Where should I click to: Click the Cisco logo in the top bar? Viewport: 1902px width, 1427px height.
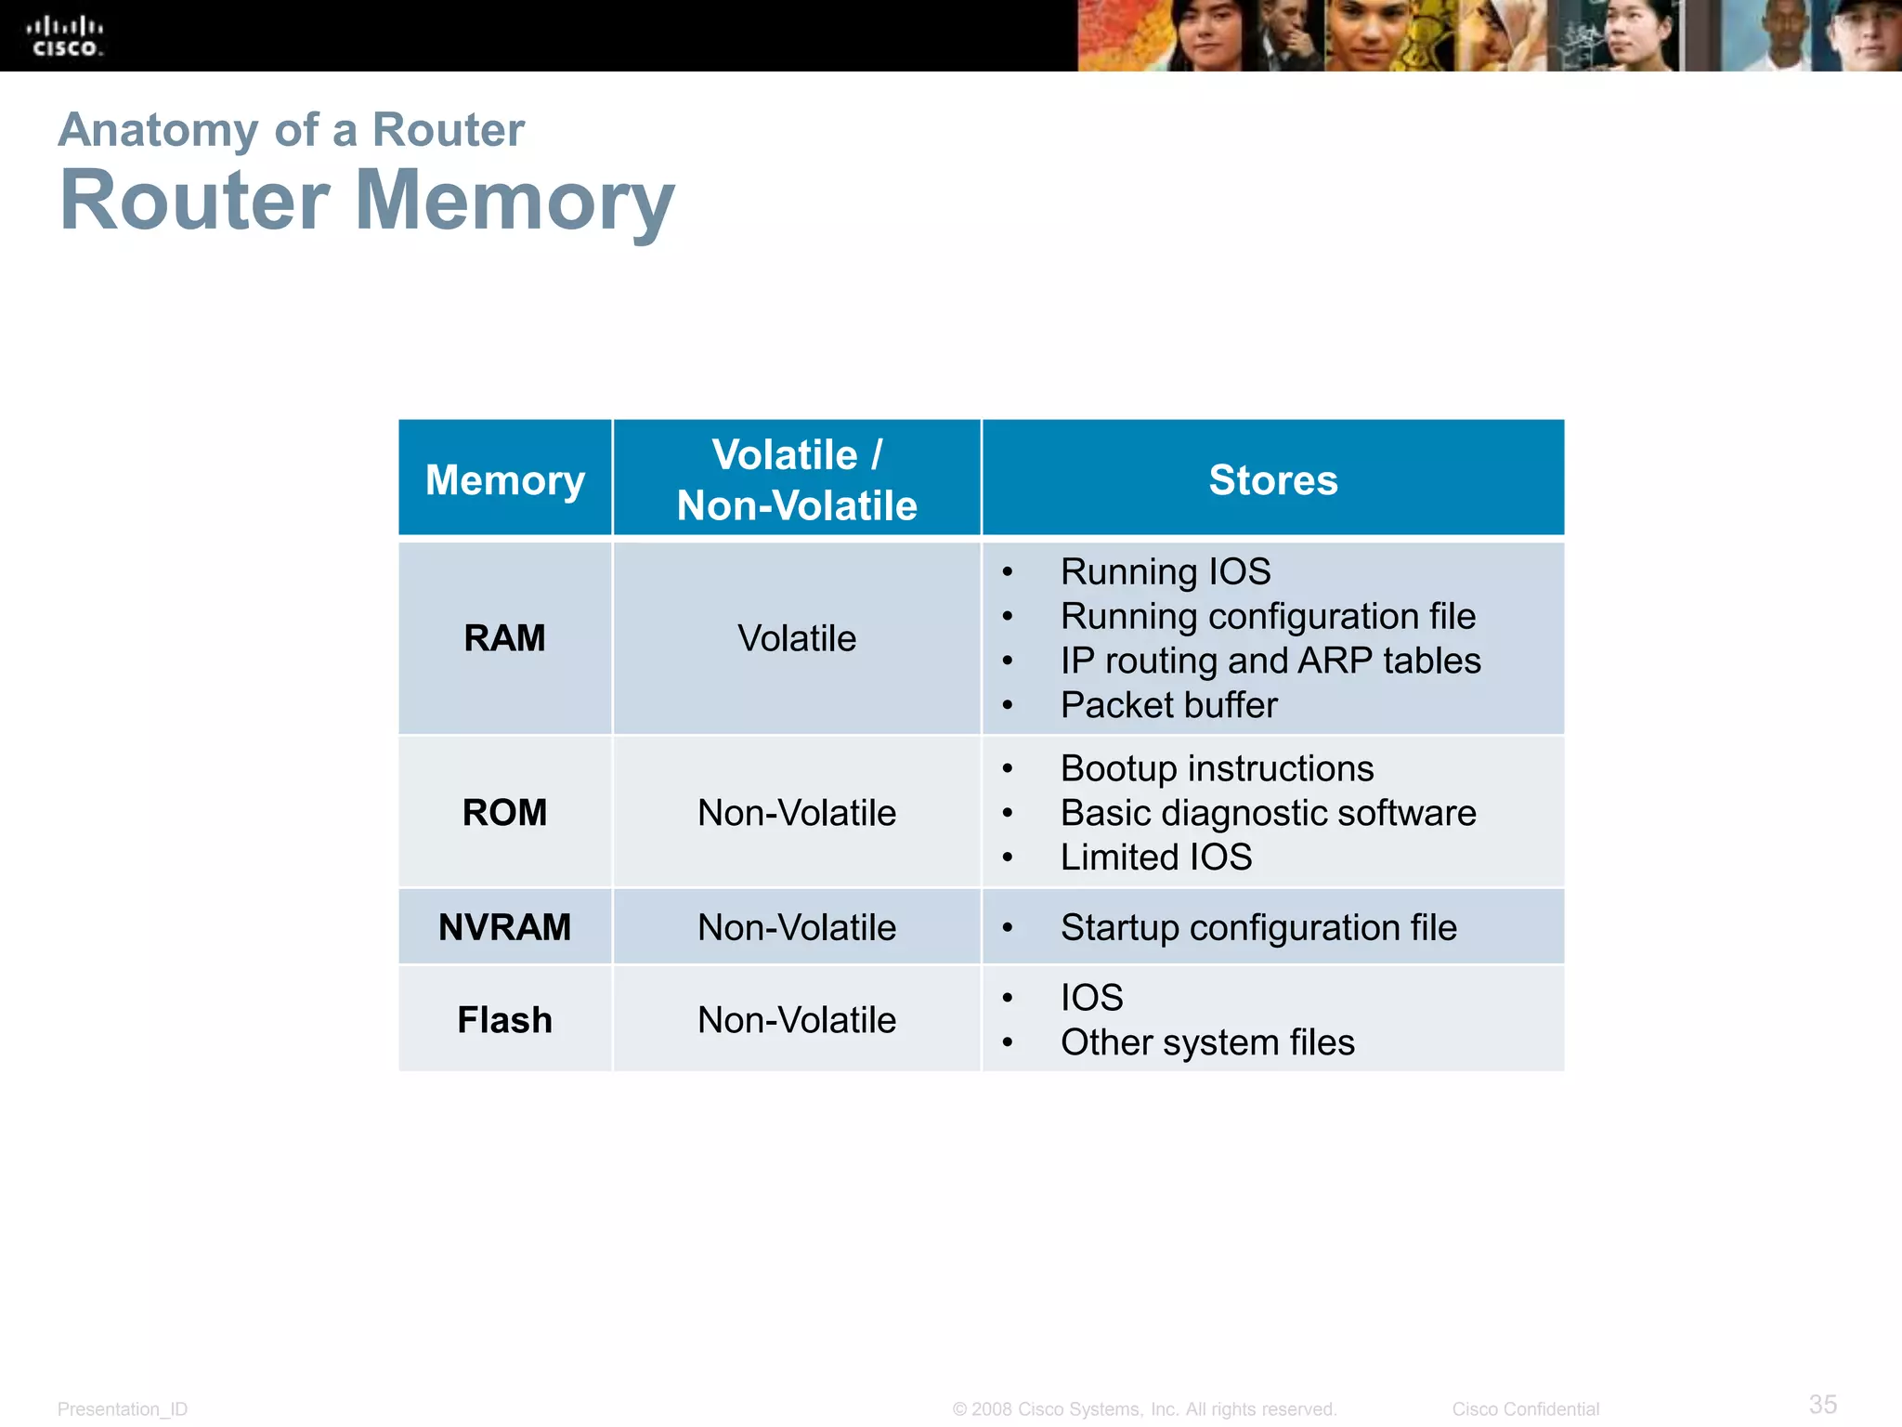click(64, 36)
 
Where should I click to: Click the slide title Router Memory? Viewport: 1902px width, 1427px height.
click(367, 201)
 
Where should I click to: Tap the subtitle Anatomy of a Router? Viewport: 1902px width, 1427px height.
click(291, 129)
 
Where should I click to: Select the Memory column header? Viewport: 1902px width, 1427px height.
click(504, 479)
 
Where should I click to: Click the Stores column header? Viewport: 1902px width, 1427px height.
click(1272, 479)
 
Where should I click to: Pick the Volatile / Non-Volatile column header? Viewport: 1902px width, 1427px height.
click(797, 479)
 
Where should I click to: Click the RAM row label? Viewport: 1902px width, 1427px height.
click(504, 638)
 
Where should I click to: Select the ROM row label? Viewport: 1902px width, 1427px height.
click(504, 812)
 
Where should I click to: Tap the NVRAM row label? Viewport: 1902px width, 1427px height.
click(504, 927)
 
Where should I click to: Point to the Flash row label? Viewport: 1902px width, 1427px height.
click(504, 1020)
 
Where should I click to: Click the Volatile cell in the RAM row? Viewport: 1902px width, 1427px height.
click(797, 638)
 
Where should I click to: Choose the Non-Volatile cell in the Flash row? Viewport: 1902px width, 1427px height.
click(797, 1020)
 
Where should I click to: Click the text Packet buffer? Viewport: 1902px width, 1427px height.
click(1168, 705)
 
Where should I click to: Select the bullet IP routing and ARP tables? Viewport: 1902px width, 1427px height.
click(1270, 661)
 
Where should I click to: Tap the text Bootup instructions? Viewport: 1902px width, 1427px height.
click(1217, 768)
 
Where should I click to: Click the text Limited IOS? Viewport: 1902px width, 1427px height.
click(1156, 857)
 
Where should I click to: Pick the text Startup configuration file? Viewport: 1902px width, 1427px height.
click(1258, 927)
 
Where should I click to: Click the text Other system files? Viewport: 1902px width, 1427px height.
click(1207, 1042)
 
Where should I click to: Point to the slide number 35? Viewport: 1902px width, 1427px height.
click(1822, 1404)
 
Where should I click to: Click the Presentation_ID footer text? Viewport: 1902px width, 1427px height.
click(123, 1409)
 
